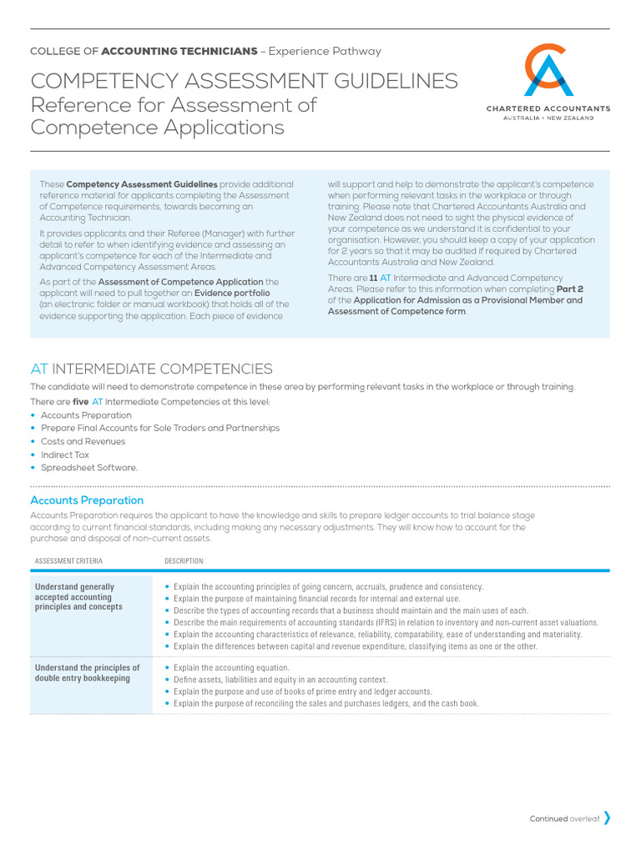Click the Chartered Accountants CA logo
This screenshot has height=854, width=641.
tap(548, 70)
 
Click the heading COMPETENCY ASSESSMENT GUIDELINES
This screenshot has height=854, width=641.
tap(244, 81)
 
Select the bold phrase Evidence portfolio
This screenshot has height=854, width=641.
tap(232, 293)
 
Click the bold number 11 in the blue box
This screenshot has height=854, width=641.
tap(373, 278)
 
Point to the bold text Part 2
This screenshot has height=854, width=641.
tap(570, 289)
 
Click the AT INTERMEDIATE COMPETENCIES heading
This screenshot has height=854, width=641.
tap(151, 369)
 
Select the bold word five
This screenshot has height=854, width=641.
tap(81, 401)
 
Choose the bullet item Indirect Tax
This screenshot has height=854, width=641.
tap(65, 455)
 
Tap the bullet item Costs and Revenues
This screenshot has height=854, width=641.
tap(83, 441)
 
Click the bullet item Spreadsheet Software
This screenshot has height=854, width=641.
tap(88, 468)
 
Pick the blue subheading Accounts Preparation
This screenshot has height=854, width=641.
tap(87, 500)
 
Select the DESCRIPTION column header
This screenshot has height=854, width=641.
tap(184, 560)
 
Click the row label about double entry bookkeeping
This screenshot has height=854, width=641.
tap(88, 673)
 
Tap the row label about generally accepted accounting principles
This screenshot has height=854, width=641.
tap(78, 596)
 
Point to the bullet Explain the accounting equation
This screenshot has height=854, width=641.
tap(231, 668)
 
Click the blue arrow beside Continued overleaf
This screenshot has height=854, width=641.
tap(607, 818)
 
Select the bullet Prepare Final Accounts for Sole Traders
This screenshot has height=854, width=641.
tap(160, 428)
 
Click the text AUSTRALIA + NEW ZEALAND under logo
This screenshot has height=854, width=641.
tap(548, 118)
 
